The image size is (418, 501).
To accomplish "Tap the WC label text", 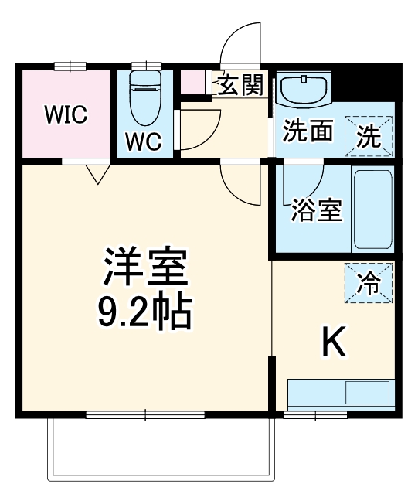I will tap(144, 141).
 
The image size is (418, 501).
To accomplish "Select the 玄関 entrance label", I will tap(240, 86).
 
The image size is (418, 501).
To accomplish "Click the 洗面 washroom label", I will tap(307, 132).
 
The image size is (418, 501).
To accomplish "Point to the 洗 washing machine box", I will tap(369, 136).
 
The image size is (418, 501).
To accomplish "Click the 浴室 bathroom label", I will tap(317, 210).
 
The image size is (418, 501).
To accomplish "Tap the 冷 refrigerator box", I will tap(369, 283).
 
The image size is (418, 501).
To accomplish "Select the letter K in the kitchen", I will tap(334, 342).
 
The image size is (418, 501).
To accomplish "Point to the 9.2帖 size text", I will tap(144, 313).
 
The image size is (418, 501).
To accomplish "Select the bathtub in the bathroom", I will tap(373, 210).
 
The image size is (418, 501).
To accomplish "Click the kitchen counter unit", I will tap(340, 394).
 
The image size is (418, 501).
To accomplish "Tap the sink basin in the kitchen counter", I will tap(368, 393).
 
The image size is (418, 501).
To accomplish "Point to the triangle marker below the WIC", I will tap(97, 175).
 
